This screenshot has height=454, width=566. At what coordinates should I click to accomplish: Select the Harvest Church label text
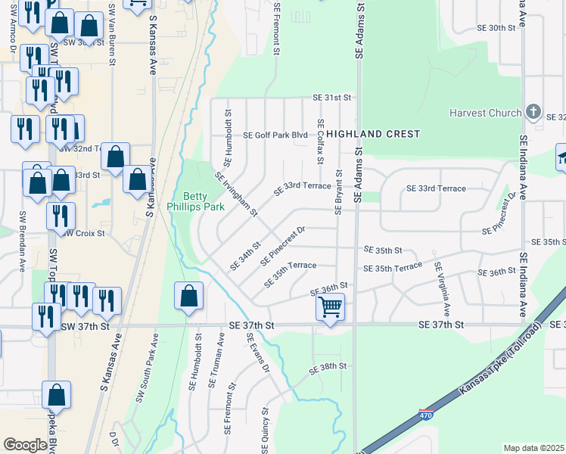(x=485, y=113)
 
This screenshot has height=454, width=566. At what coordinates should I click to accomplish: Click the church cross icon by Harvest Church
(x=533, y=112)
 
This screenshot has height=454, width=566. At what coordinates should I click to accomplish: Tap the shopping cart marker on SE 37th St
(x=330, y=308)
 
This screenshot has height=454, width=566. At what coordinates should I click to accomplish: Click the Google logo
(x=25, y=445)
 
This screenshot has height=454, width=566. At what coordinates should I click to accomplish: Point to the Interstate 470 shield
(x=426, y=414)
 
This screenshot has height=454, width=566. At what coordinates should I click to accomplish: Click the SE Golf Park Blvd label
(x=275, y=135)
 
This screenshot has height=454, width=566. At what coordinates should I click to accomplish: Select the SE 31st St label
(x=333, y=98)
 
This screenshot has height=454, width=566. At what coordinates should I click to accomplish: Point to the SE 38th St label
(x=328, y=366)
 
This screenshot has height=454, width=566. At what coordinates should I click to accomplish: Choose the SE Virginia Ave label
(x=442, y=289)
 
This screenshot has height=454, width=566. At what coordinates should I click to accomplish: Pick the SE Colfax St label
(x=321, y=141)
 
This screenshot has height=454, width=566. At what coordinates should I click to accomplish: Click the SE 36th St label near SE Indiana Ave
(x=496, y=273)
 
